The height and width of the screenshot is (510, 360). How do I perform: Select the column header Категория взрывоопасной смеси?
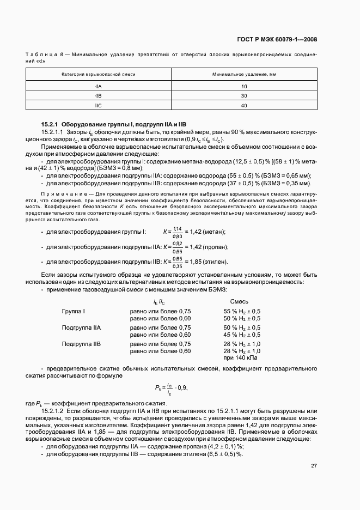click(x=98, y=74)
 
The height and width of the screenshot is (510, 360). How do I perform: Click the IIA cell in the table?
click(x=98, y=86)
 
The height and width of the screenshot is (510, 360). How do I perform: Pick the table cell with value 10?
click(x=243, y=86)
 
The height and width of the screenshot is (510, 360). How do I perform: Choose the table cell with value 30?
click(x=243, y=95)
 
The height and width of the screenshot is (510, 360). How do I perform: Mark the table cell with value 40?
click(x=243, y=105)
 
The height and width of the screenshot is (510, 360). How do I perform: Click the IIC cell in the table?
click(x=98, y=105)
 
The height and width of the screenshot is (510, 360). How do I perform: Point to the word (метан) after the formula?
click(x=215, y=232)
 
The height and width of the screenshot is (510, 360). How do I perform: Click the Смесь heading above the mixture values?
click(x=239, y=301)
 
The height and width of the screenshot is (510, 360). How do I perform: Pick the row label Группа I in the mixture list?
click(x=74, y=311)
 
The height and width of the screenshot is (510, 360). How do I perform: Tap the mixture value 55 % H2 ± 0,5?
click(x=242, y=311)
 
